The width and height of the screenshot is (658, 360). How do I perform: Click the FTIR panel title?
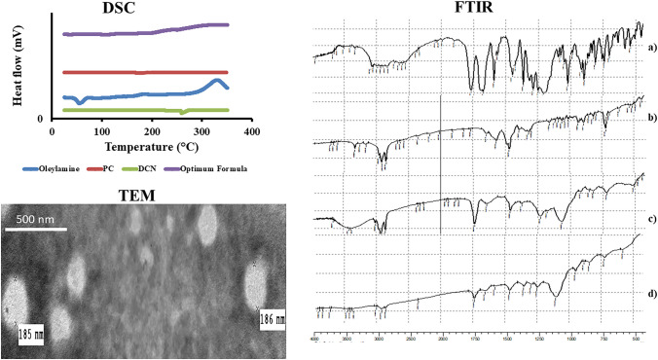(480, 11)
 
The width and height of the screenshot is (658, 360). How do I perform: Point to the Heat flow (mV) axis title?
(13, 74)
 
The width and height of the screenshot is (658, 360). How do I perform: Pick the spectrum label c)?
(651, 218)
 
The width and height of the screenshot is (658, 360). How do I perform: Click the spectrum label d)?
(651, 294)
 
